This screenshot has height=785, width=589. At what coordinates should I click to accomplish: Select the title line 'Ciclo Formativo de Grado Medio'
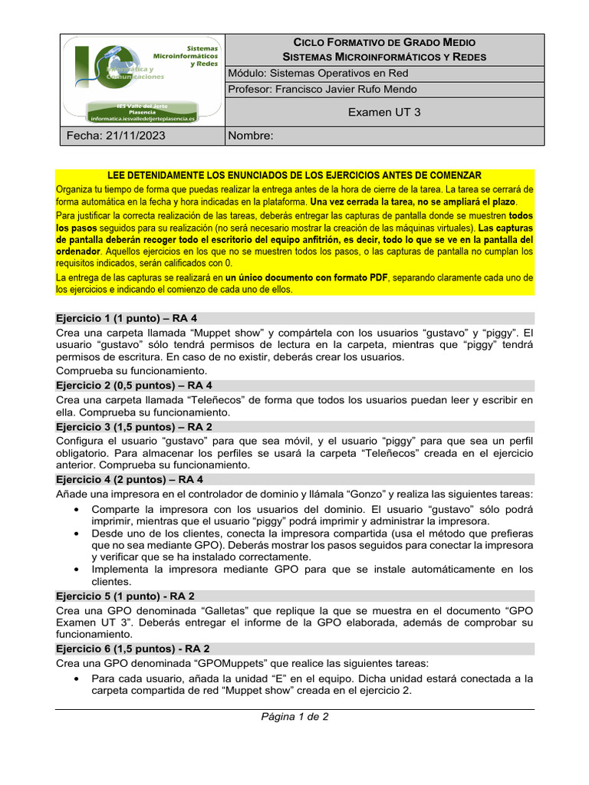(x=385, y=42)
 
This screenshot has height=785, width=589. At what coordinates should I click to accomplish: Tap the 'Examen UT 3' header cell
(x=384, y=112)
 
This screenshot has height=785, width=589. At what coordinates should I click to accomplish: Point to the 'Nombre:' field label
(x=251, y=136)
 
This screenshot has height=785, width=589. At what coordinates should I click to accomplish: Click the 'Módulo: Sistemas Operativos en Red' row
(x=318, y=74)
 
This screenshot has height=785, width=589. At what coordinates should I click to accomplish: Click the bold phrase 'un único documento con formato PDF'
(x=307, y=278)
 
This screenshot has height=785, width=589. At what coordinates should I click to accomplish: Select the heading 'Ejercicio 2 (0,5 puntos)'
(x=134, y=386)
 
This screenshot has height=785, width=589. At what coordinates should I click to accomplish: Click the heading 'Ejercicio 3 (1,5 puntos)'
(x=134, y=427)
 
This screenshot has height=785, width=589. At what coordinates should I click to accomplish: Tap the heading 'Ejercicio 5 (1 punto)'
(x=126, y=596)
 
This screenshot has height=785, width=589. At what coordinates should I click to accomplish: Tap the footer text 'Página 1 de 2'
(x=294, y=718)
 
